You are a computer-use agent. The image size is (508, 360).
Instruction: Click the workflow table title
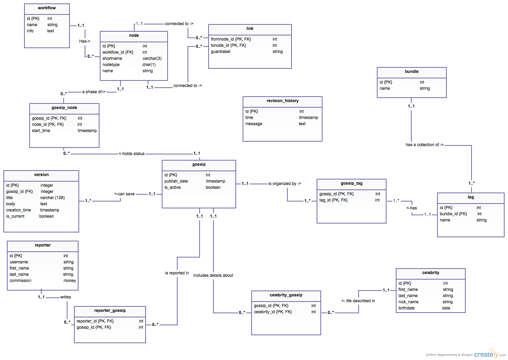(47, 8)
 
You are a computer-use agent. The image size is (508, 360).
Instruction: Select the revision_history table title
(282, 101)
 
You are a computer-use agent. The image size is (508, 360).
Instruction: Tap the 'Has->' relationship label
(85, 41)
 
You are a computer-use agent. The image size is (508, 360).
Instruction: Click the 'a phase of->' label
(94, 92)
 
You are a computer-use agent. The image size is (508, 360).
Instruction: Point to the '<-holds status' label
(131, 154)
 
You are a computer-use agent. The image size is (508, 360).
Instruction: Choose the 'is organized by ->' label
(285, 184)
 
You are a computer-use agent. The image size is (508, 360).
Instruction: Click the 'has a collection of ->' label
(425, 145)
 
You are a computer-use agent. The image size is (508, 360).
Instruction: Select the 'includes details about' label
(213, 275)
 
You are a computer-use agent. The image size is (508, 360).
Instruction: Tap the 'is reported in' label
(177, 273)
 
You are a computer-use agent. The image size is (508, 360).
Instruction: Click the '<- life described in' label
(358, 301)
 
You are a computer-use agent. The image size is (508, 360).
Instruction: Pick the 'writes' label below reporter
(65, 297)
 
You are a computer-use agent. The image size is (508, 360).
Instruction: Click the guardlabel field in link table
(221, 52)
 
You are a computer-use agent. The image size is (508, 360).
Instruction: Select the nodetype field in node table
(111, 65)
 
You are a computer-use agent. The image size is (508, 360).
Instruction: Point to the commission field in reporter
(20, 281)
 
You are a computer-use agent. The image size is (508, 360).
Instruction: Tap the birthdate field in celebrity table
(406, 308)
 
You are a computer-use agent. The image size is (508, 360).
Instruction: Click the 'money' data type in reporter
(70, 281)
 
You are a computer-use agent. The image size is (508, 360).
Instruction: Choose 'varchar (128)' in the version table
(52, 198)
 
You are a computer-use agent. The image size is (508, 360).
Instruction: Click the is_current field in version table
(15, 216)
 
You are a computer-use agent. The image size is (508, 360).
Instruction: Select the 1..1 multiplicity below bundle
(411, 107)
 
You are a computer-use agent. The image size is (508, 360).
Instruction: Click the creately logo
(486, 354)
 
